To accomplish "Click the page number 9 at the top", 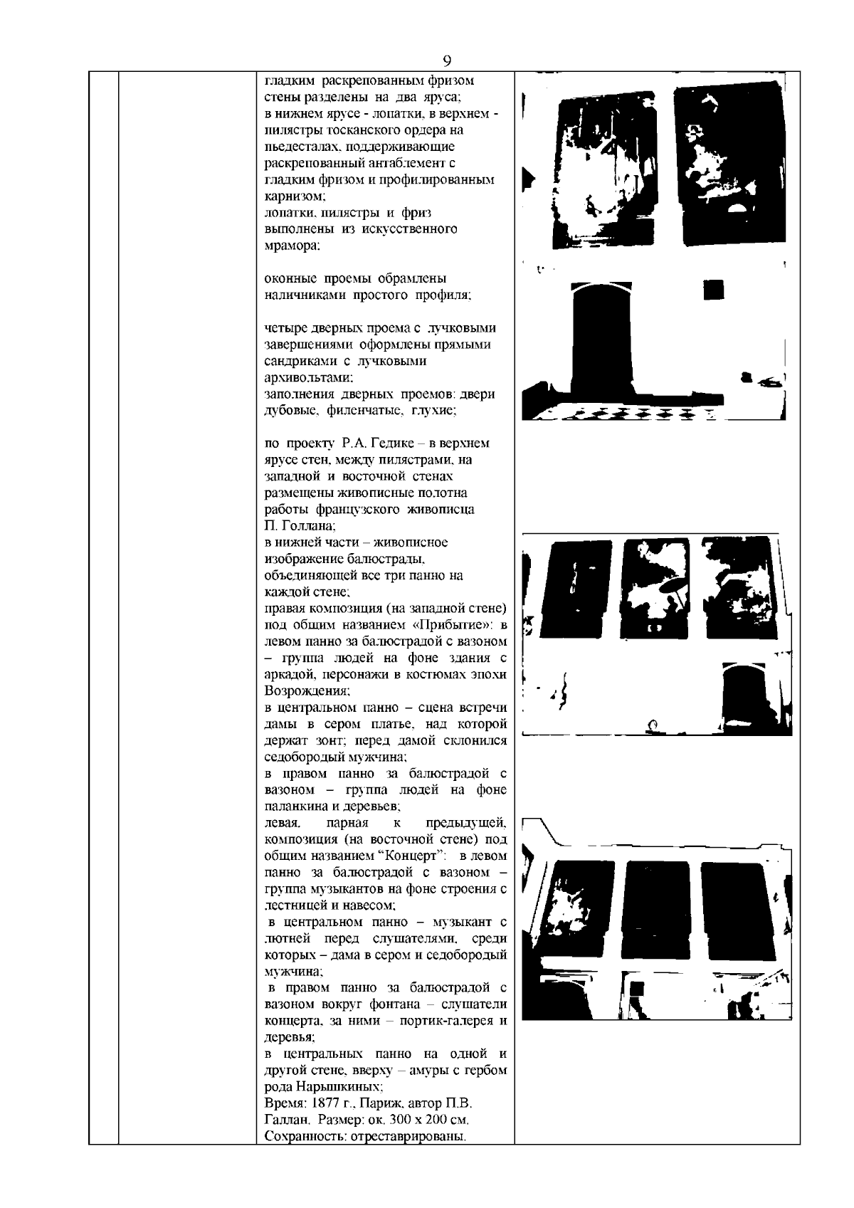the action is [x=447, y=60].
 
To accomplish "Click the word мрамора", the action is [x=292, y=246].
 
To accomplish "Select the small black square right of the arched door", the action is [x=713, y=290].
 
